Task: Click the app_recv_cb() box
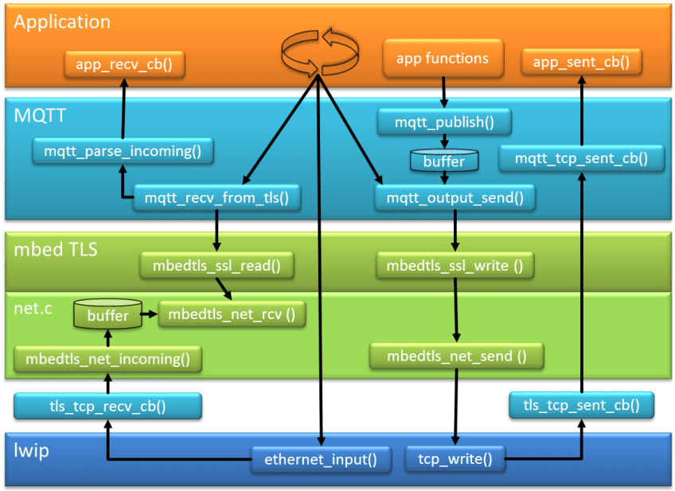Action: click(x=124, y=64)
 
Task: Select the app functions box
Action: click(x=443, y=59)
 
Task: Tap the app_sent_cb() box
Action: click(x=581, y=62)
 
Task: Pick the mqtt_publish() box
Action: click(x=443, y=123)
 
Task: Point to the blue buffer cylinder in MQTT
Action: click(x=443, y=161)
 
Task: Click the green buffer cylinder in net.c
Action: click(x=107, y=315)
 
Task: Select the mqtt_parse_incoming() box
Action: click(x=123, y=150)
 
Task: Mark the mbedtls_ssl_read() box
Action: click(x=217, y=265)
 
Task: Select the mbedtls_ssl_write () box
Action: click(x=455, y=265)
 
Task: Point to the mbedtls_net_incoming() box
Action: click(x=108, y=359)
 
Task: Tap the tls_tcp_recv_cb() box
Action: click(x=107, y=407)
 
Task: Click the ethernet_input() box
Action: click(x=320, y=458)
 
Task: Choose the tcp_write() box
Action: click(x=455, y=458)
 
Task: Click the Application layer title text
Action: click(x=62, y=22)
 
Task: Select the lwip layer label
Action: click(x=31, y=451)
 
